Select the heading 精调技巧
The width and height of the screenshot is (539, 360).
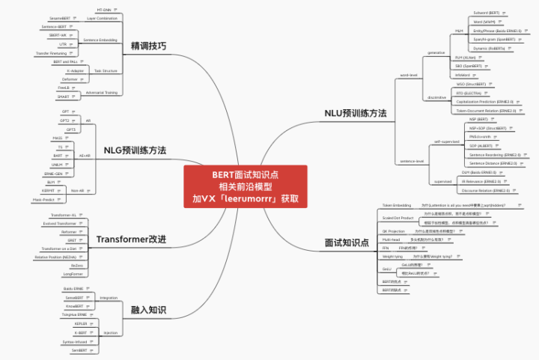click(x=149, y=46)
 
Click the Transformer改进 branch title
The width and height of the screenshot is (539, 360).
click(x=131, y=240)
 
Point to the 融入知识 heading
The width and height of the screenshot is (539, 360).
click(x=148, y=310)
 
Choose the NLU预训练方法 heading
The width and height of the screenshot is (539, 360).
click(x=355, y=114)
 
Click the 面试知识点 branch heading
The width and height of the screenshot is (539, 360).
click(x=347, y=243)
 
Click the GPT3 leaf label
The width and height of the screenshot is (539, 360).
click(x=70, y=129)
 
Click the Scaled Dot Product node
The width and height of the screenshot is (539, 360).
click(x=398, y=218)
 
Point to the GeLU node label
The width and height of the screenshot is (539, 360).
click(x=386, y=269)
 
